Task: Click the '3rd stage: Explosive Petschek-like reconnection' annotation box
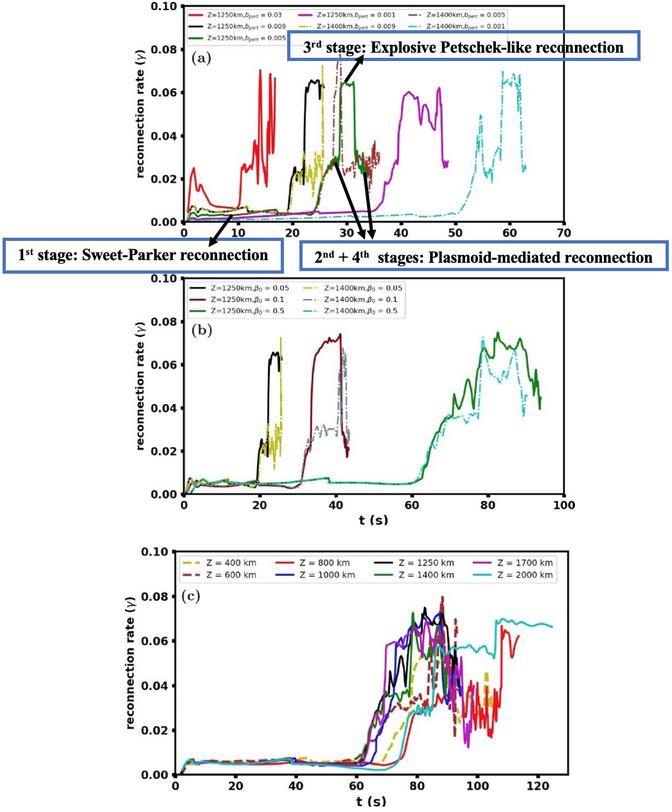point(463,47)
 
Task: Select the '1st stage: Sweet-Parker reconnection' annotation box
point(143,256)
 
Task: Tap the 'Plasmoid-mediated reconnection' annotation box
point(484,257)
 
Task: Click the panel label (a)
point(201,58)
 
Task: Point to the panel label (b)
point(201,331)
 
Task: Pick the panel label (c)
point(191,596)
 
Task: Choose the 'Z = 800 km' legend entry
point(324,563)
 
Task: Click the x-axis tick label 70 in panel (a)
point(563,233)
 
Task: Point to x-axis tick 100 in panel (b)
point(563,505)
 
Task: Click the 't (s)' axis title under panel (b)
point(373,519)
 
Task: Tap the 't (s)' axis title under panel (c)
point(371,801)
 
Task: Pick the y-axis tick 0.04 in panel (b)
point(164,408)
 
